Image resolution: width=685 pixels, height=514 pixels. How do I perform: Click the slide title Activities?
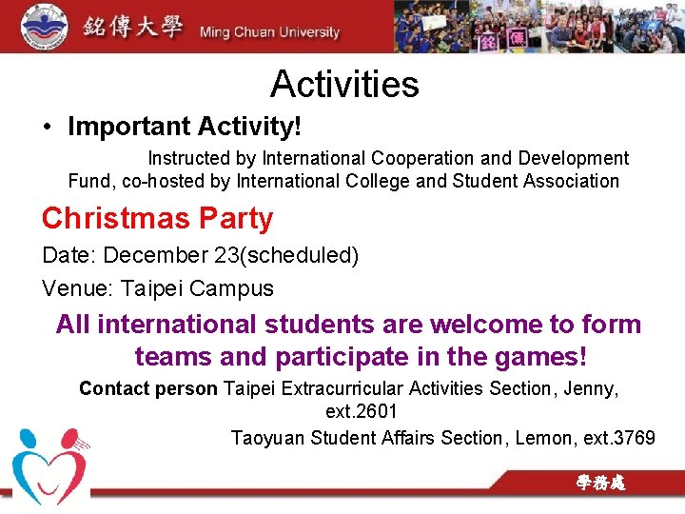coord(344,85)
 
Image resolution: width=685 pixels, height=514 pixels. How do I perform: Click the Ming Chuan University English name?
coord(269,32)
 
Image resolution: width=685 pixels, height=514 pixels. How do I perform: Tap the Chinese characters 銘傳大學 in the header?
coord(132,27)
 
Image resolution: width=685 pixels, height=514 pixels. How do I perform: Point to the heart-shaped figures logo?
coord(48,465)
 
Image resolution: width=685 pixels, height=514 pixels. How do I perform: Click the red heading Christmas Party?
coord(158,219)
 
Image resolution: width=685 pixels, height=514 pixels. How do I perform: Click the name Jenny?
coord(593,388)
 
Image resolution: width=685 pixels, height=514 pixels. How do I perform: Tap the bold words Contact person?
coord(148,388)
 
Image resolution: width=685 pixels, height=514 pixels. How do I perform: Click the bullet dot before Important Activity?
coord(47,128)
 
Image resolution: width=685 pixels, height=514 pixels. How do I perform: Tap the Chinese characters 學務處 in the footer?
coord(600,484)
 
